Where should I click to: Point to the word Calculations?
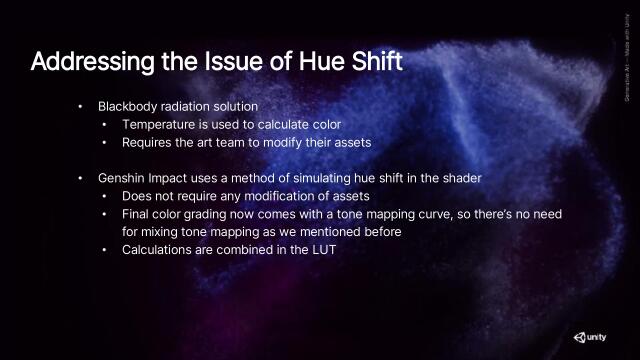click(x=161, y=249)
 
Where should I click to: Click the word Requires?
click(x=148, y=142)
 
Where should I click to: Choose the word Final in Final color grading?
click(x=137, y=213)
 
